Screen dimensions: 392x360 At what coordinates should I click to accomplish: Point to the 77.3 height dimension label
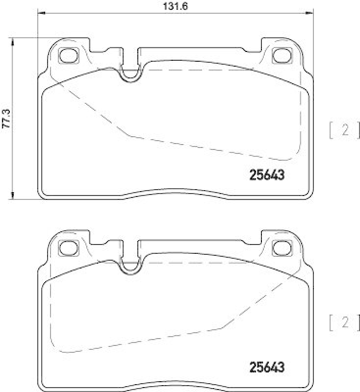(x=6, y=119)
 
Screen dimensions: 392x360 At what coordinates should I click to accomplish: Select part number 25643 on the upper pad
(x=264, y=175)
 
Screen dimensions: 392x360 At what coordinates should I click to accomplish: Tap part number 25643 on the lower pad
(x=264, y=366)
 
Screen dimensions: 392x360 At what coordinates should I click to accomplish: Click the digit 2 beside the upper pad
(x=345, y=130)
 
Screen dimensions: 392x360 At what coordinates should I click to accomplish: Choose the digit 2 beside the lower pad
(x=345, y=322)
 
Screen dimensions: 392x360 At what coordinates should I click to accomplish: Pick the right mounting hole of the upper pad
(x=281, y=56)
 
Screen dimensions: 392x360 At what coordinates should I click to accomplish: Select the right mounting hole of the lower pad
(x=281, y=247)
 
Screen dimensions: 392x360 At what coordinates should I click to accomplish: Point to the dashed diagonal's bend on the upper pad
(x=129, y=135)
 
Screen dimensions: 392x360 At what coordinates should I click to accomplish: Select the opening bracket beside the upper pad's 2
(x=332, y=130)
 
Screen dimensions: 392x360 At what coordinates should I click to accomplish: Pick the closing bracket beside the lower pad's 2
(x=358, y=322)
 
